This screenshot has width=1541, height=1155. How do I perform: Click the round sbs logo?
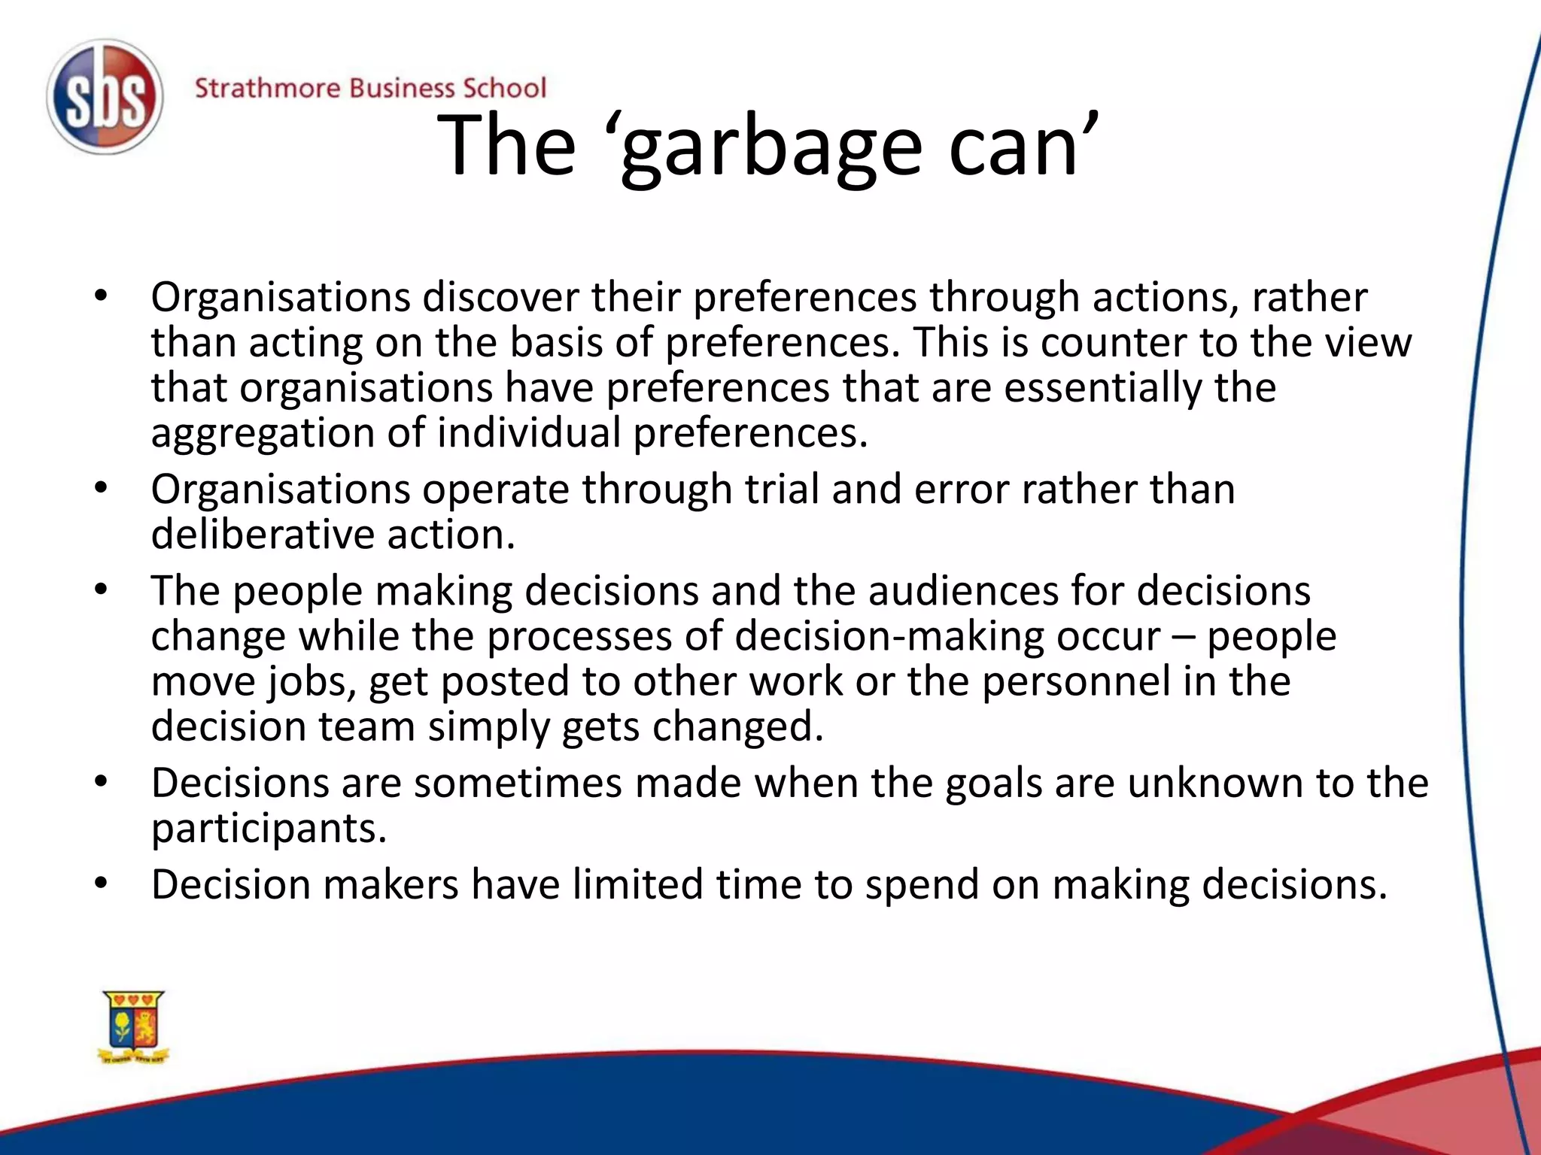(x=105, y=97)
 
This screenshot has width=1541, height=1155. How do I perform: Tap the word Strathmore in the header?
(x=267, y=88)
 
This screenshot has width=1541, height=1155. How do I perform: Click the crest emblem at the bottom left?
(x=134, y=1026)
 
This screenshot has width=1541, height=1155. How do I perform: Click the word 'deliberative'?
(x=263, y=535)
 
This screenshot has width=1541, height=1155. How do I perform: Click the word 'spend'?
(x=921, y=885)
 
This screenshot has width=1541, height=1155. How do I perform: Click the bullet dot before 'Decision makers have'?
(x=102, y=883)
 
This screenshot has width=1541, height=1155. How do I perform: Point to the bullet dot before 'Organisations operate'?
(x=102, y=489)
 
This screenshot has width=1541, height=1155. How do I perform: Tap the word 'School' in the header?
(x=504, y=88)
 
